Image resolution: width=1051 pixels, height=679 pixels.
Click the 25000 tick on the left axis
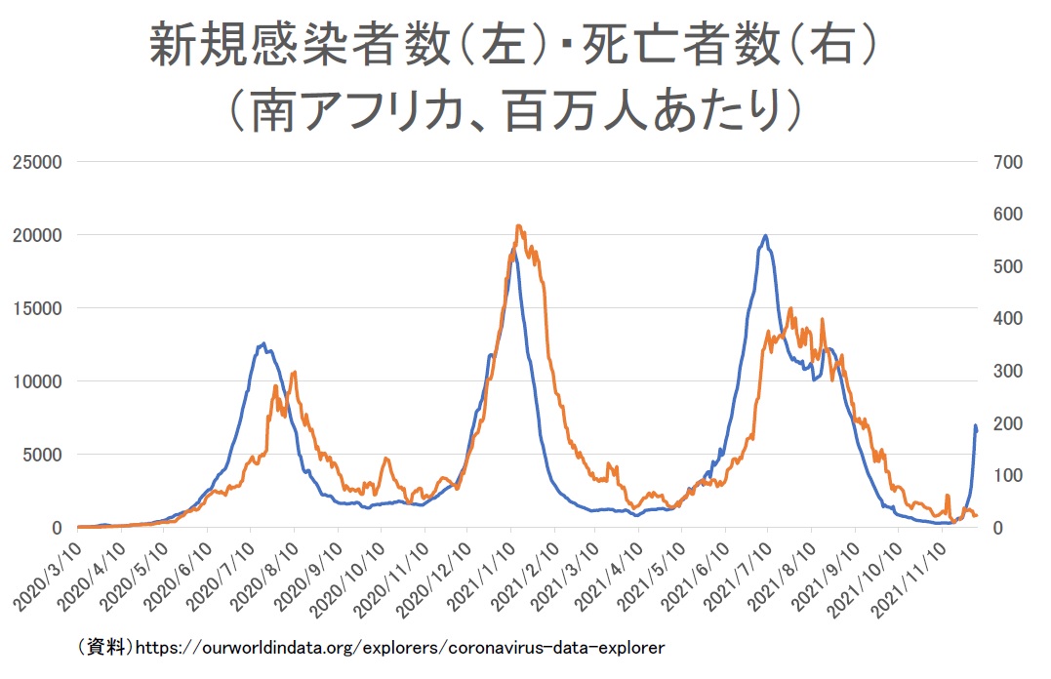pos(37,162)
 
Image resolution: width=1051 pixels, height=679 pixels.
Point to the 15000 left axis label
pos(37,308)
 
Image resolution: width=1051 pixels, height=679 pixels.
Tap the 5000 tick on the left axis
pos(42,455)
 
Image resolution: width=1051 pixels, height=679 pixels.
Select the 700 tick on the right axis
pos(1007,162)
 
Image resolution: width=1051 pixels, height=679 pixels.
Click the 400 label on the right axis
pos(1007,318)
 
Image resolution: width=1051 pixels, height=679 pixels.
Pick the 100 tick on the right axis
pos(1007,475)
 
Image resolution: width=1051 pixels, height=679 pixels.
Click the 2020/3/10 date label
pos(48,577)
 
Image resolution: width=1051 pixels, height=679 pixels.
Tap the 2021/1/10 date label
pos(481,577)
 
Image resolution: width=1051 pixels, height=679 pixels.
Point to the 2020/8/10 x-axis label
pos(264,577)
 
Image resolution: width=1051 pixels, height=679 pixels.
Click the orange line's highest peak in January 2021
pos(518,226)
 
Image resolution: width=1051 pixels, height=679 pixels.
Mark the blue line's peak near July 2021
pos(765,236)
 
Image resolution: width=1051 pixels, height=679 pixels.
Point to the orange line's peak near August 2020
pos(294,373)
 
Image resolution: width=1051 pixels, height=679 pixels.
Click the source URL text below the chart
pos(400,648)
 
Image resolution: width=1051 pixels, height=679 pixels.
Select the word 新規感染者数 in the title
pos(299,44)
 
